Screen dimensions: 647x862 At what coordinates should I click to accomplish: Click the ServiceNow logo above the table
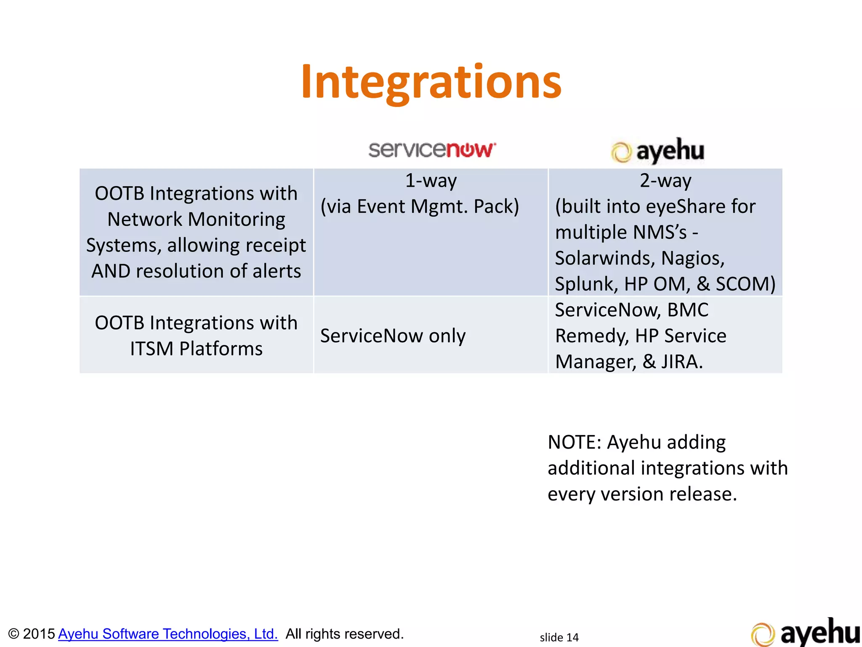click(x=432, y=150)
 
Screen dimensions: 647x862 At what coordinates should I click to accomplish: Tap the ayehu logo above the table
click(x=657, y=151)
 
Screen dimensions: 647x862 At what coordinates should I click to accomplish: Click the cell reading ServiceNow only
click(x=393, y=336)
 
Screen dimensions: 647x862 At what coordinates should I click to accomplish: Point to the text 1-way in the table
click(x=431, y=181)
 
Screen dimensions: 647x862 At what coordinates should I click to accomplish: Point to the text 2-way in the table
click(x=665, y=181)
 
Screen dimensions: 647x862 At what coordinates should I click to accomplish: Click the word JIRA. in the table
click(x=682, y=362)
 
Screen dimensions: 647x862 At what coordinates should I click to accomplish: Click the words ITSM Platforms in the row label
click(x=196, y=349)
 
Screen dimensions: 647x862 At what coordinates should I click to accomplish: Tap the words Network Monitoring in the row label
click(x=196, y=219)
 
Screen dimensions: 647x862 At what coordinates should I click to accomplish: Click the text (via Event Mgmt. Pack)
click(x=420, y=206)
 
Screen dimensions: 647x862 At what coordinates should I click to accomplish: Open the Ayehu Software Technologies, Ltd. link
click(x=168, y=634)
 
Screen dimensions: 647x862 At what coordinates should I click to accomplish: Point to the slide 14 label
click(x=559, y=637)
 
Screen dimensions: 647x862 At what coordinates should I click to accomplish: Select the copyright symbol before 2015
click(x=13, y=634)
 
